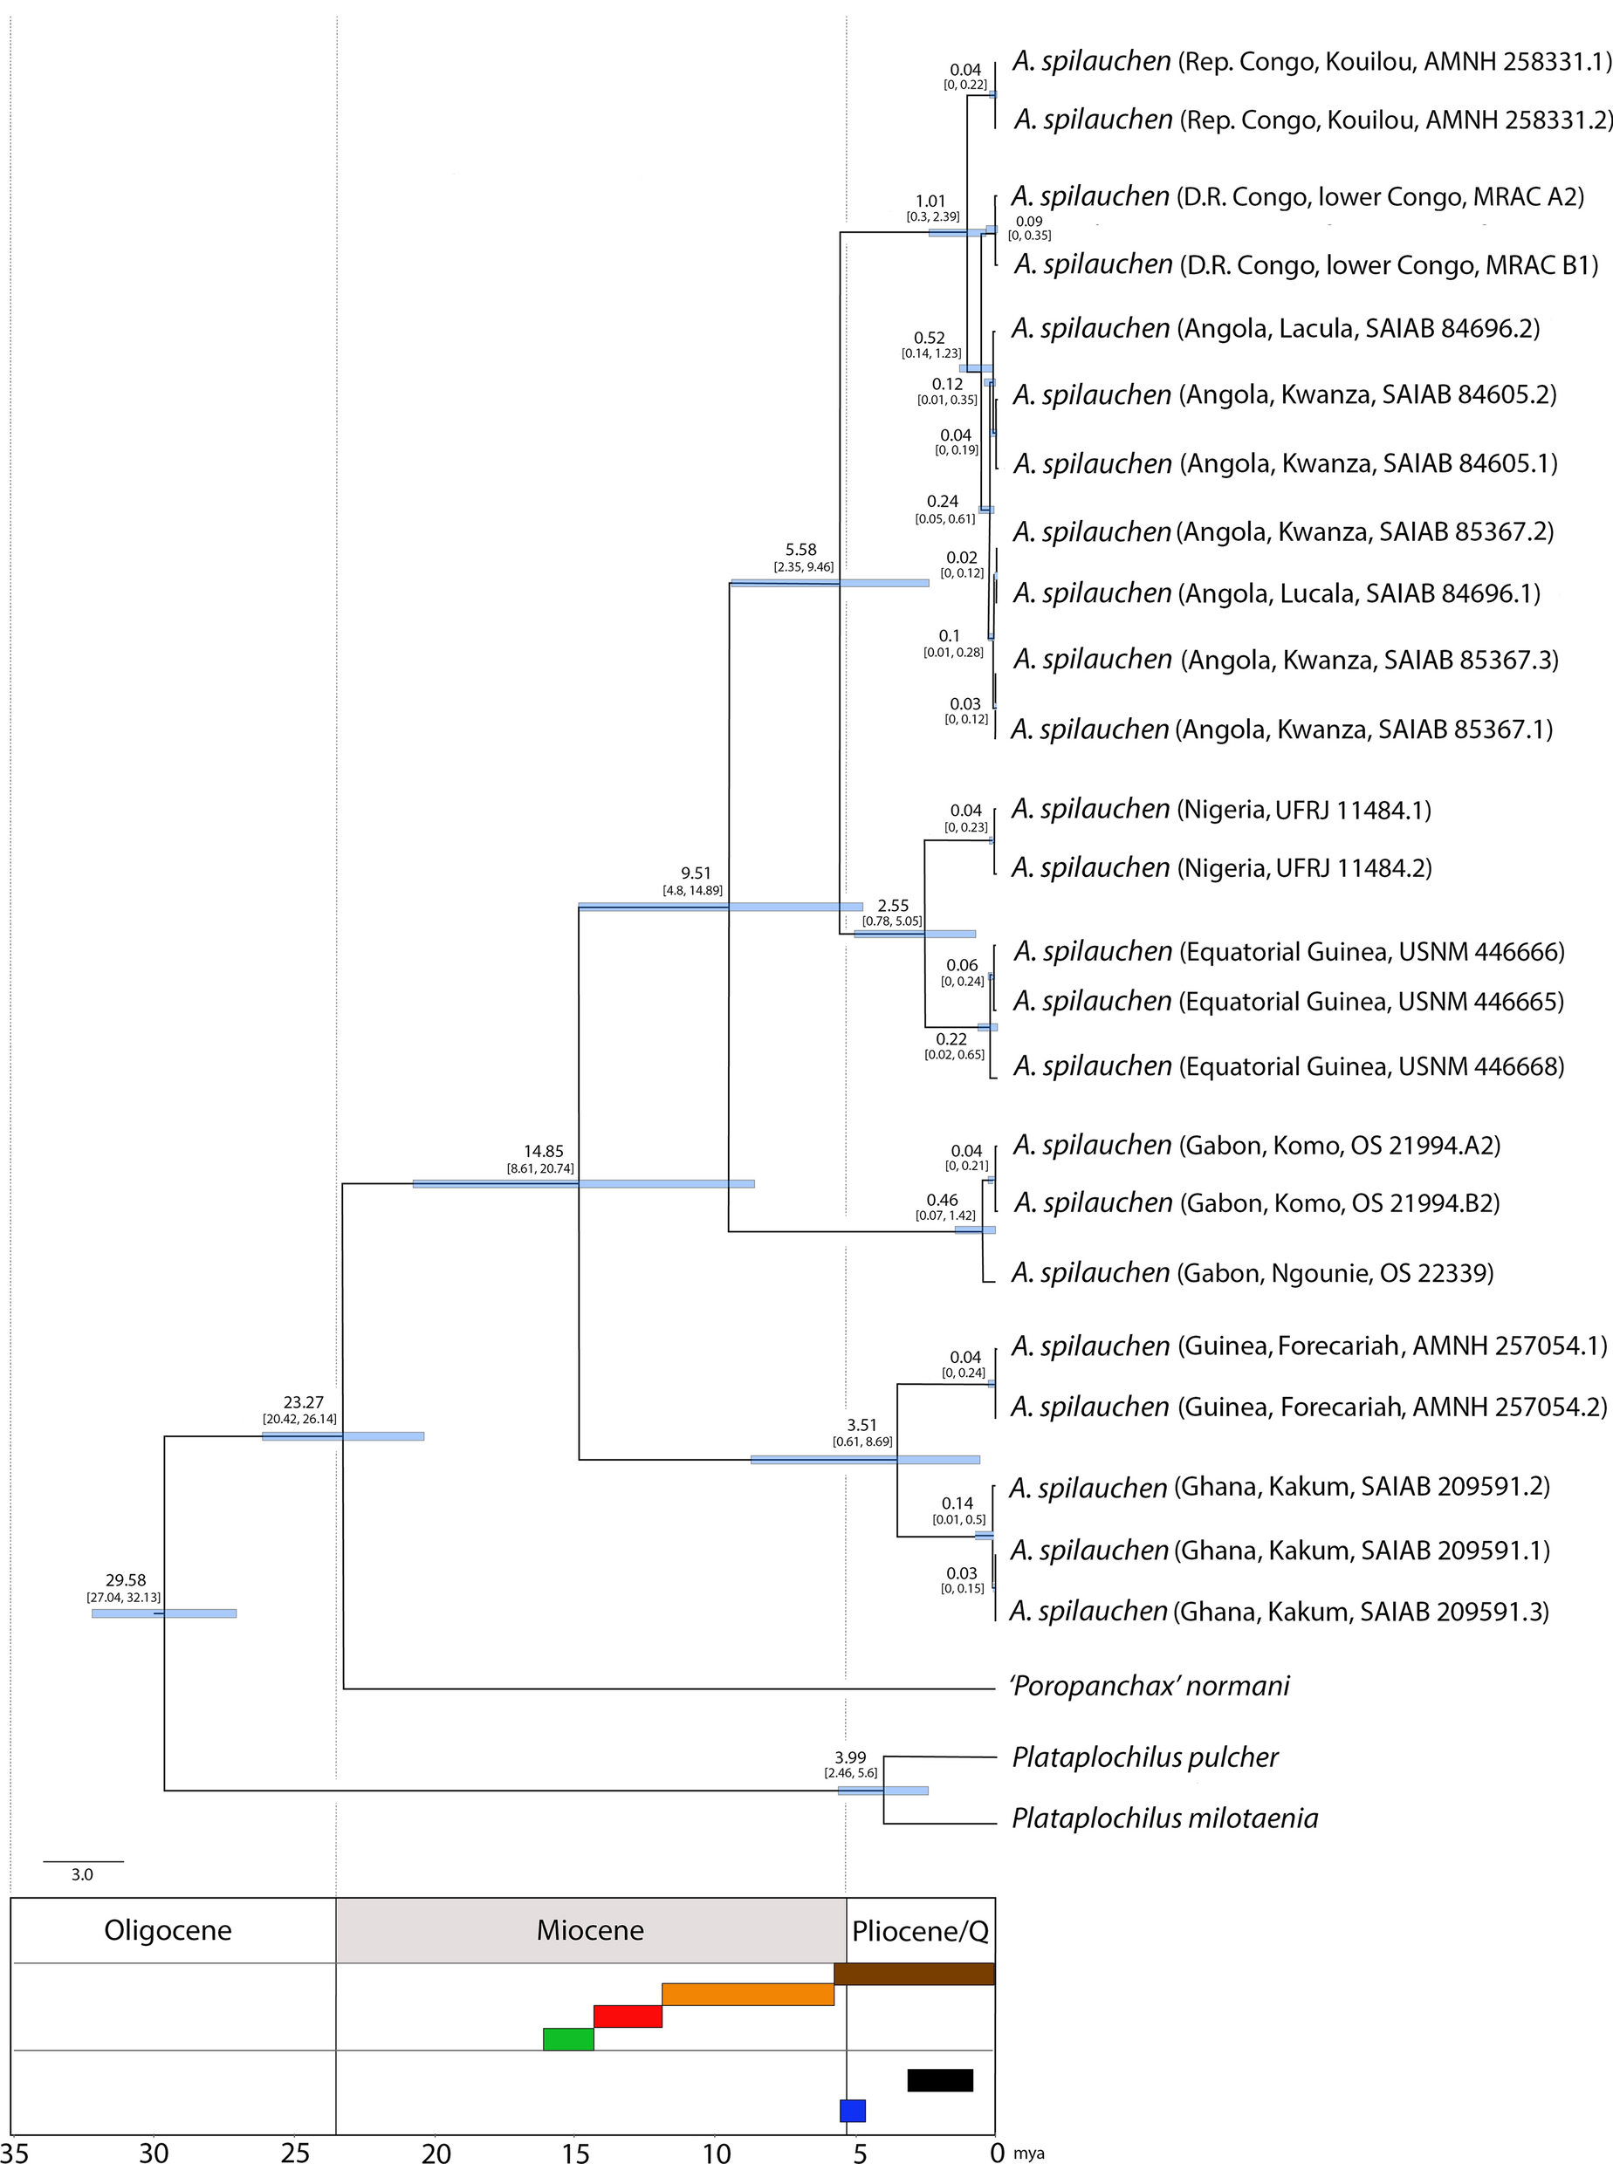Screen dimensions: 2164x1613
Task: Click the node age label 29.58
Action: click(125, 1579)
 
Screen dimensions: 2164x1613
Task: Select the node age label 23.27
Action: click(303, 1401)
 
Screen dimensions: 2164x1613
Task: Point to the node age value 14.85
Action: click(543, 1151)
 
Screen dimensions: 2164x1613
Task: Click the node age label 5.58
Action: click(800, 550)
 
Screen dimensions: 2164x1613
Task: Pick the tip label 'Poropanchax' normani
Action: click(1150, 1686)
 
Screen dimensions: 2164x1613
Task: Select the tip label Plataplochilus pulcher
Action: click(1144, 1757)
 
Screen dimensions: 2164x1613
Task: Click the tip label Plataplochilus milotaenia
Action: click(1163, 1818)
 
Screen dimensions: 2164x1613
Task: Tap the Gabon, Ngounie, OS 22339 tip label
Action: click(1252, 1272)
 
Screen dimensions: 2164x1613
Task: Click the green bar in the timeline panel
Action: click(568, 2038)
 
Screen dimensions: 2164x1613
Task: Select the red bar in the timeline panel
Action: click(628, 2016)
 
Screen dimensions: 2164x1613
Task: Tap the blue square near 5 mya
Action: click(853, 2109)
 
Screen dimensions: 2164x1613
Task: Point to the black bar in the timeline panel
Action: click(939, 2080)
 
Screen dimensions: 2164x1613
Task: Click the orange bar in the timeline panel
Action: click(747, 1994)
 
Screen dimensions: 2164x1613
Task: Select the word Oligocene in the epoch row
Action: click(168, 1931)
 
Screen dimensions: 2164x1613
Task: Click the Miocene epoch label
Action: click(590, 1930)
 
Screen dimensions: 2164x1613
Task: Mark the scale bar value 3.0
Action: click(82, 1874)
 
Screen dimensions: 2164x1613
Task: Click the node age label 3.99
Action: click(849, 1757)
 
